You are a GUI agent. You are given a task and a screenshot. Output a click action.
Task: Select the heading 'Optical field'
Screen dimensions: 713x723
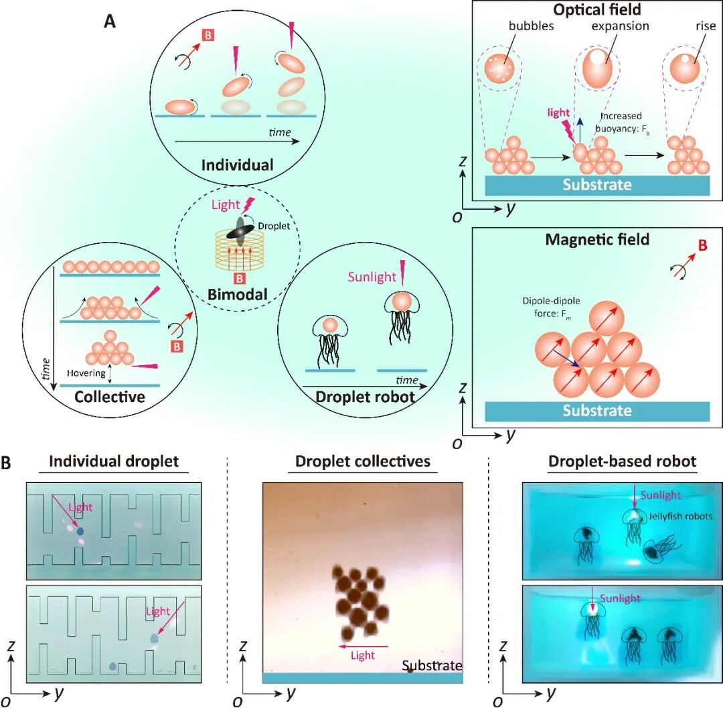(596, 10)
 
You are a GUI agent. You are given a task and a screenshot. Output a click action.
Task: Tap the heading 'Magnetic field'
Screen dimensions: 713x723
(597, 239)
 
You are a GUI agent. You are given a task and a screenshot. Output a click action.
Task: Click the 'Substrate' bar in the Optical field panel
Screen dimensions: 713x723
(596, 184)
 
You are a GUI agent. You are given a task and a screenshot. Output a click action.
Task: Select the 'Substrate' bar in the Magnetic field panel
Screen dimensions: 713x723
(596, 411)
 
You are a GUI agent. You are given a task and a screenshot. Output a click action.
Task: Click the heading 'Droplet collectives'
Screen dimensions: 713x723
(363, 462)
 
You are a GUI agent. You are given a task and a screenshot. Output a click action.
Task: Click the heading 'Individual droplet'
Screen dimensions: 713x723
(114, 462)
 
